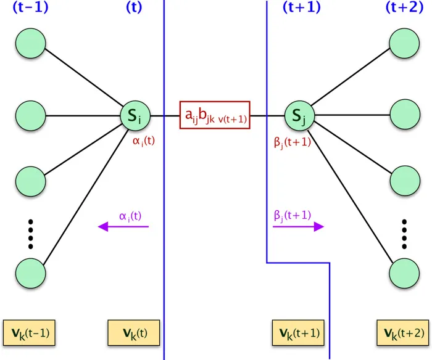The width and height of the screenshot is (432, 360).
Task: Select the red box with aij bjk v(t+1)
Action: click(x=215, y=115)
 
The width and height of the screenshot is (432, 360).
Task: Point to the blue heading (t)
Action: click(x=134, y=8)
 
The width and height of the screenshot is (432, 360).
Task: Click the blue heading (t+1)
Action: click(x=301, y=8)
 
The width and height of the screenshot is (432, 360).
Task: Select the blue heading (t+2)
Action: click(x=405, y=8)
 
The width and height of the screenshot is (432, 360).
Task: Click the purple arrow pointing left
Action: click(x=123, y=227)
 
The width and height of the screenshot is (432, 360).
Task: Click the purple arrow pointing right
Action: click(x=298, y=227)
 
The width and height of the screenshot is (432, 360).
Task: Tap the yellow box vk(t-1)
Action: click(x=30, y=333)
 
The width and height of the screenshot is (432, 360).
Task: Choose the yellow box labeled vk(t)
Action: click(x=134, y=333)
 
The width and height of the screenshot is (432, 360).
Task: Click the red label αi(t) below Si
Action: click(x=144, y=141)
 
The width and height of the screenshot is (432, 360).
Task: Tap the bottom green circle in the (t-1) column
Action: click(x=30, y=272)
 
